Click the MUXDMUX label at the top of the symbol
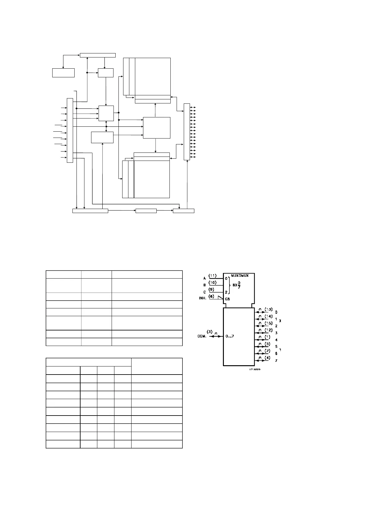pyautogui.click(x=240, y=275)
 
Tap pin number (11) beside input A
pyautogui.click(x=213, y=275)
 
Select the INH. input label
pyautogui.click(x=203, y=298)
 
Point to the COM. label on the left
pyautogui.click(x=202, y=336)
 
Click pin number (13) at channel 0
pyautogui.click(x=268, y=309)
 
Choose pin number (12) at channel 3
pyautogui.click(x=268, y=330)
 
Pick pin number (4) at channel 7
pyautogui.click(x=267, y=357)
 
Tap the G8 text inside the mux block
pyautogui.click(x=228, y=299)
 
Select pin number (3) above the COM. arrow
pyautogui.click(x=210, y=332)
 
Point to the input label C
pyautogui.click(x=205, y=292)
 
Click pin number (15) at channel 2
pyautogui.click(x=268, y=323)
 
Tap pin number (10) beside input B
pyautogui.click(x=213, y=282)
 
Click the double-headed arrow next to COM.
pyautogui.click(x=216, y=336)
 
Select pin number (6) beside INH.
pyautogui.click(x=211, y=296)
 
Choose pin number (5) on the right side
pyautogui.click(x=267, y=344)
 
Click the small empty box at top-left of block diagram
pyautogui.click(x=63, y=73)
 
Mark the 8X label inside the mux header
pyautogui.click(x=235, y=285)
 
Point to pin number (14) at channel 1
pyautogui.click(x=268, y=316)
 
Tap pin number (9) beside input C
pyautogui.click(x=211, y=289)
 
